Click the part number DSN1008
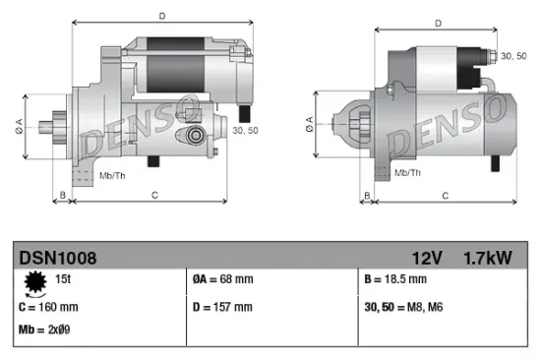click(x=57, y=259)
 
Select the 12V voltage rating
click(x=428, y=259)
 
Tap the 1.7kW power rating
click(x=487, y=259)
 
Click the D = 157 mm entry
click(x=222, y=307)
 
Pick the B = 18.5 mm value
click(x=397, y=280)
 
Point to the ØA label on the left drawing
click(x=20, y=124)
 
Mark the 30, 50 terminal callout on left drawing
click(x=245, y=130)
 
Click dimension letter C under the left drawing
click(x=154, y=197)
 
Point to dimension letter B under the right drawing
click(x=366, y=197)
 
